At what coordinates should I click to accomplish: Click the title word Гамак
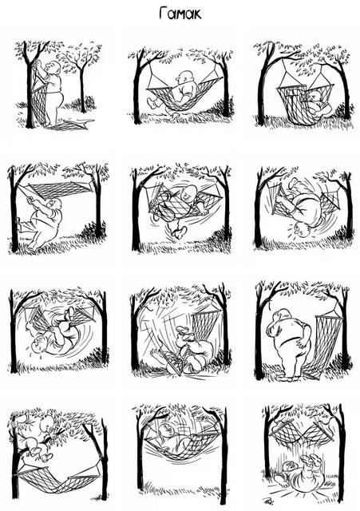(x=180, y=14)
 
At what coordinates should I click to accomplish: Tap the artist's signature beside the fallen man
(x=267, y=500)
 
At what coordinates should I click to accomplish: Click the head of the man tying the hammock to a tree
(x=53, y=67)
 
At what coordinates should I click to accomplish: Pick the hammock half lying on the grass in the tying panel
(x=70, y=125)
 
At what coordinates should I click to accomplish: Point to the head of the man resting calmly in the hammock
(x=184, y=78)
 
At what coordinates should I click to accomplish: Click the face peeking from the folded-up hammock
(x=315, y=97)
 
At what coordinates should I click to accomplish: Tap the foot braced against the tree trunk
(x=19, y=224)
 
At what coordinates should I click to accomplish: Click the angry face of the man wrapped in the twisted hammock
(x=188, y=195)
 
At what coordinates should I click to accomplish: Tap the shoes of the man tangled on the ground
(x=182, y=332)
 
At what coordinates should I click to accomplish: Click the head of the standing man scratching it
(x=283, y=316)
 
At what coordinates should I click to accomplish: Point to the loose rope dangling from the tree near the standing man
(x=269, y=303)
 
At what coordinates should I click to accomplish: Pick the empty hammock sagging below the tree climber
(x=58, y=478)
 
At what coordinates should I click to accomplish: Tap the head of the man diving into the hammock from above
(x=166, y=431)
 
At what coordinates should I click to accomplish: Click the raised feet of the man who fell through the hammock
(x=311, y=461)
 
